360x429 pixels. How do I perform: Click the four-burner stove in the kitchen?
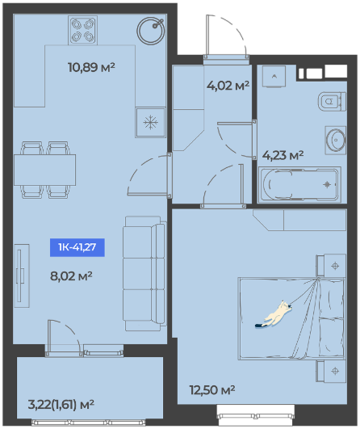[x=82, y=30]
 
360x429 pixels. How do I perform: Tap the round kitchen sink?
[x=151, y=31]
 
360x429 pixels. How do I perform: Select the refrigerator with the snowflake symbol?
[x=150, y=122]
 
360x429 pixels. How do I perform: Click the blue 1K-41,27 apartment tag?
[x=77, y=247]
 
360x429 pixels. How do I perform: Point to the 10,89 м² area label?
[x=91, y=67]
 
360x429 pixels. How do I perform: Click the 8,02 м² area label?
[x=71, y=275]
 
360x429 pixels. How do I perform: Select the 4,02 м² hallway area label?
[x=228, y=86]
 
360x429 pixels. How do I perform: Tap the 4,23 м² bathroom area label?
[x=283, y=155]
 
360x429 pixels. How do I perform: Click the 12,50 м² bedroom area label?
[x=212, y=390]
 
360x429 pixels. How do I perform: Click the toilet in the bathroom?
[x=332, y=102]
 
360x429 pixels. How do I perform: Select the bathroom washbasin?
[x=336, y=140]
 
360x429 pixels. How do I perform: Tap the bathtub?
[x=299, y=185]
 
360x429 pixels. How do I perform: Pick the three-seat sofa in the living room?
[x=144, y=273]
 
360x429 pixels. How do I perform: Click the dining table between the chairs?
[x=45, y=170]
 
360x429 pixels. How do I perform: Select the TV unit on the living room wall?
[x=22, y=275]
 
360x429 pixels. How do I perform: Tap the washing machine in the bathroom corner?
[x=274, y=76]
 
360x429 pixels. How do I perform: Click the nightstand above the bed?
[x=331, y=266]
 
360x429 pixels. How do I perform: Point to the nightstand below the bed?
[x=331, y=372]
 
